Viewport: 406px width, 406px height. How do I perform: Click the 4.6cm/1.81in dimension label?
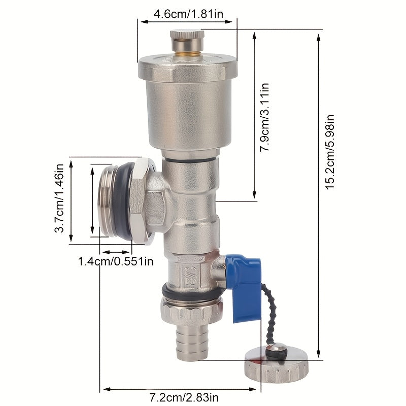click(188, 13)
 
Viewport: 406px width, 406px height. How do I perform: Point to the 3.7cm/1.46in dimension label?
click(60, 198)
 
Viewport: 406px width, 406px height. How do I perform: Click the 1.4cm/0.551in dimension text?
click(115, 261)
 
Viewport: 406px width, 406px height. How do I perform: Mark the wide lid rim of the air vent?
click(188, 68)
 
